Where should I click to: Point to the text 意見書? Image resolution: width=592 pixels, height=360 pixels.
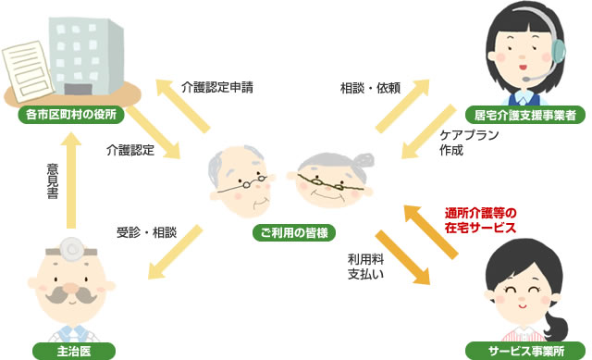[x=52, y=184]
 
